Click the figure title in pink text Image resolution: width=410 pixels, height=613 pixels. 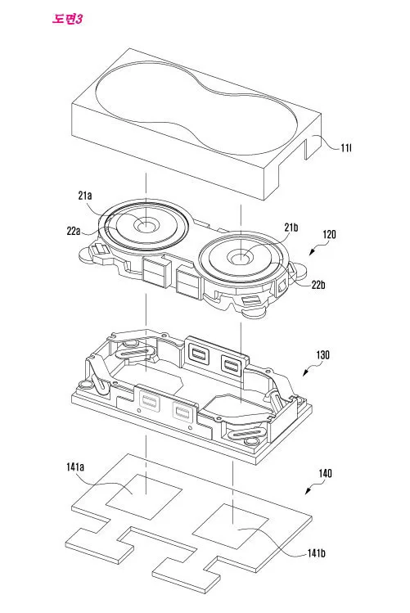point(67,19)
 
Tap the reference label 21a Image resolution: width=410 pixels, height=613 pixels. point(85,195)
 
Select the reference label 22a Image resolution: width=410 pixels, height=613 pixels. point(74,231)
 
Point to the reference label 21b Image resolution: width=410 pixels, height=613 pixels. point(291,228)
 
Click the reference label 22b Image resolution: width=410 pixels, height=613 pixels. point(318,285)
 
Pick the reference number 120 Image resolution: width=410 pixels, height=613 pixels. point(329,234)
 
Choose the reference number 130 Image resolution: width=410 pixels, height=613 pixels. point(322,354)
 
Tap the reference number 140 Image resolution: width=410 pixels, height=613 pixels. point(325,473)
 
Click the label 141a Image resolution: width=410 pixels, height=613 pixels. point(75,467)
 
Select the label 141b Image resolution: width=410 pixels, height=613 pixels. point(316,553)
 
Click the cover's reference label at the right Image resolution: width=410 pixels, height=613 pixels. point(346,148)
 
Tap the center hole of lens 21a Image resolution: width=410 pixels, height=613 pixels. point(146,225)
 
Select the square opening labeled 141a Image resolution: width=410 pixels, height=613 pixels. point(145,497)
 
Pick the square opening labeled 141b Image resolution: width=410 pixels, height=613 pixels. point(231,525)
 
